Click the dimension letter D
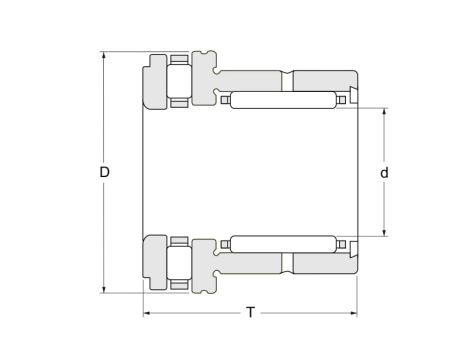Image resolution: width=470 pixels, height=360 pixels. point(104,173)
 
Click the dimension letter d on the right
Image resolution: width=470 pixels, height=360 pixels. point(384,173)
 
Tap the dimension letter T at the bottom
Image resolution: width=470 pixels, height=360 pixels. point(250,313)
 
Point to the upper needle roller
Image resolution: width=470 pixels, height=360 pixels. point(281,100)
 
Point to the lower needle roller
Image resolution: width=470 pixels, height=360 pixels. point(281,245)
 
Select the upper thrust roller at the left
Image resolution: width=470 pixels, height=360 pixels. point(179,81)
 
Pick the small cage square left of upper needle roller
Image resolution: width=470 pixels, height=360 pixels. point(225,100)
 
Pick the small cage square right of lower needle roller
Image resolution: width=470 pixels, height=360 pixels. point(340,245)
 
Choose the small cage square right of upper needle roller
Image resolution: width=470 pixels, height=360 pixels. point(340,100)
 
